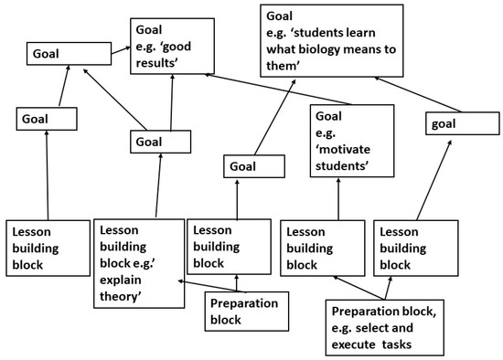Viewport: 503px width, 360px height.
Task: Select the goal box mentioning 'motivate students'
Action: (352, 140)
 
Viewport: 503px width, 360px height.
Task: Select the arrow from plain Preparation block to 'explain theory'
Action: (192, 286)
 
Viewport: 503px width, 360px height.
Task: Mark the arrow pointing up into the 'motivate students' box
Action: (338, 198)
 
